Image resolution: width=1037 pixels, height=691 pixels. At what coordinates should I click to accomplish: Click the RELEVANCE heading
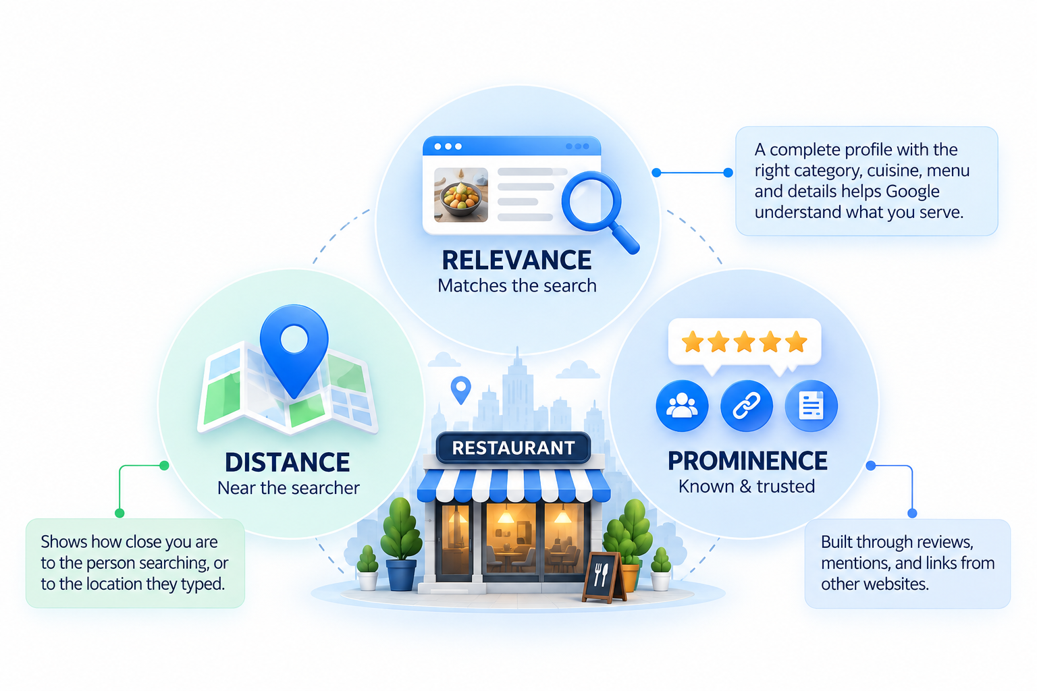coord(516,260)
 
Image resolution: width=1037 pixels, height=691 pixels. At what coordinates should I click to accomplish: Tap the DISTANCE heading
coord(288,462)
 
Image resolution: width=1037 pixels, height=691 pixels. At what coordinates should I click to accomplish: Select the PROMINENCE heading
coord(747,460)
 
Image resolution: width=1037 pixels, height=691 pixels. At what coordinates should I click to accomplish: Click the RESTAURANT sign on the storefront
coord(513,447)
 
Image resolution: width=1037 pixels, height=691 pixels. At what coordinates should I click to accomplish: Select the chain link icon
coord(746,406)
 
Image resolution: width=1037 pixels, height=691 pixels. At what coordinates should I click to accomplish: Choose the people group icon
coord(682,406)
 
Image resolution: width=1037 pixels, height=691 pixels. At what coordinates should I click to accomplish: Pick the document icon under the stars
coord(811,406)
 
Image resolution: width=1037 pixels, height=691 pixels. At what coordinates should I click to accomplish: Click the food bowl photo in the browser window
coord(460,195)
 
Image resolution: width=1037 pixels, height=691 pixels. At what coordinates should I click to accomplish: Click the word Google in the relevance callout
coord(913,191)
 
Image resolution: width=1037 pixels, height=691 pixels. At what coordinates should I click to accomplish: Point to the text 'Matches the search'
coord(517,285)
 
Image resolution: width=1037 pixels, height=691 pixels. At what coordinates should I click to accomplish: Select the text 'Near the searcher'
coord(288,488)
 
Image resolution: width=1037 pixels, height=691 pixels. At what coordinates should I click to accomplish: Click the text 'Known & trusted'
coord(747,487)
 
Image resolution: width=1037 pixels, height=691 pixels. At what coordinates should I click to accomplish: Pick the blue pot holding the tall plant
coord(401,575)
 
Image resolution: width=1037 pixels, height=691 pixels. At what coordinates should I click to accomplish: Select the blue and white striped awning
coord(513,485)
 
